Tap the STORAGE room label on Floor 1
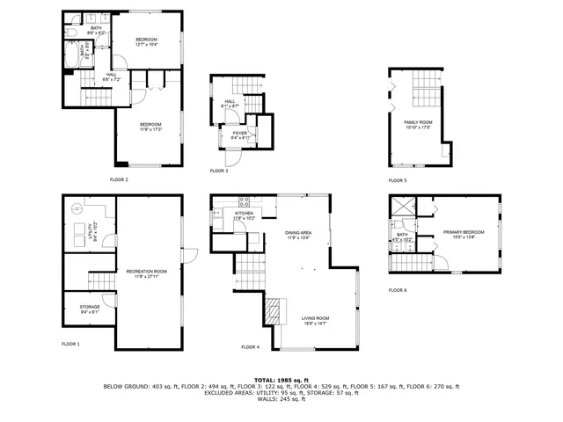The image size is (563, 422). coord(77,309)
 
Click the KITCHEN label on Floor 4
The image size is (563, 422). coord(244,215)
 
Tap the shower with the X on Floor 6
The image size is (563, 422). coord(404,207)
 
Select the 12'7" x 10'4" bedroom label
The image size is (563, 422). coord(146,41)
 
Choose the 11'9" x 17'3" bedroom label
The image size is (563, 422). coord(150,127)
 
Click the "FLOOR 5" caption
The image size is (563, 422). coord(398,180)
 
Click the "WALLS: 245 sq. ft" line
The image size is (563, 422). coord(281,400)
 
